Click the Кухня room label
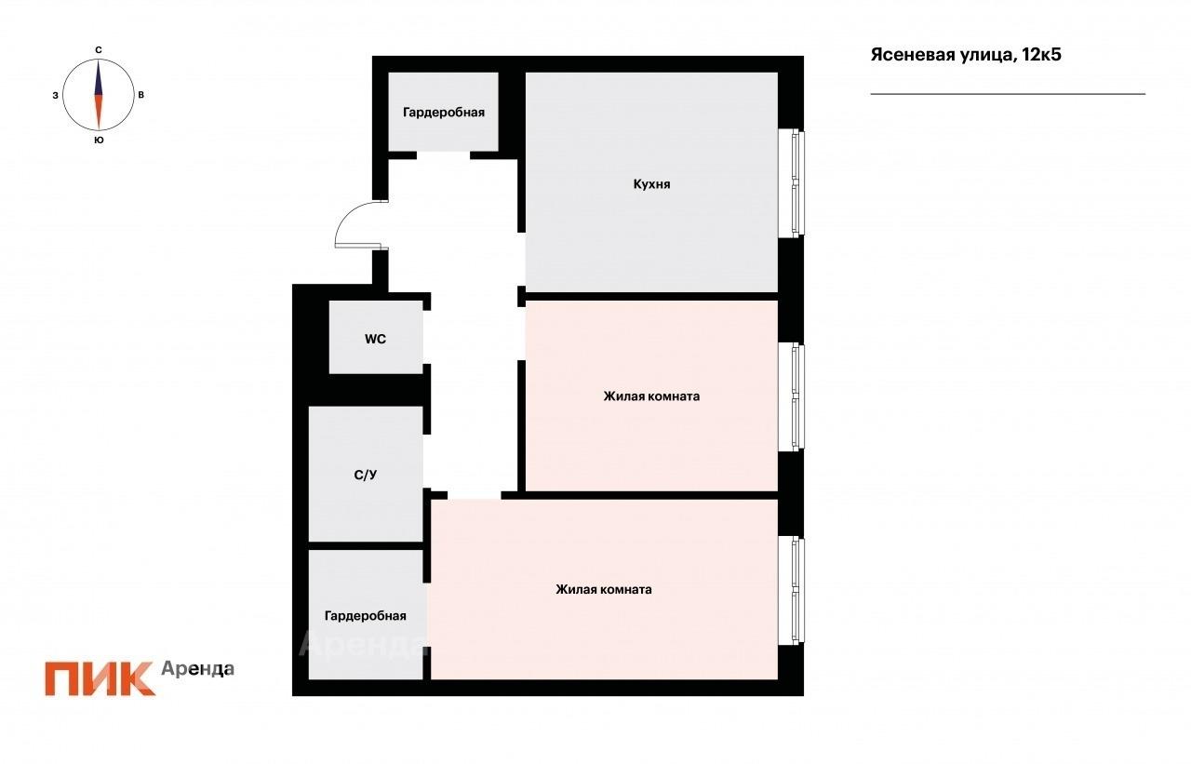pyautogui.click(x=651, y=184)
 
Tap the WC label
pyautogui.click(x=375, y=340)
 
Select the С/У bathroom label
pyautogui.click(x=366, y=475)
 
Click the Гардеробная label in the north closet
pyautogui.click(x=444, y=113)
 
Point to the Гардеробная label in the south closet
pyautogui.click(x=366, y=616)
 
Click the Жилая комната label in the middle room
pyautogui.click(x=651, y=396)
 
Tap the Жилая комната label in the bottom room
pyautogui.click(x=604, y=589)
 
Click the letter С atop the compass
pyautogui.click(x=99, y=50)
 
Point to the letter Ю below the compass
pyautogui.click(x=99, y=141)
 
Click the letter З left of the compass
pyautogui.click(x=55, y=96)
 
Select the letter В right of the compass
pyautogui.click(x=141, y=95)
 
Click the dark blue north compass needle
pyautogui.click(x=99, y=79)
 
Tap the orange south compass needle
pyautogui.click(x=99, y=113)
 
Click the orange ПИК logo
pyautogui.click(x=100, y=678)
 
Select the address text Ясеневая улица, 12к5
pyautogui.click(x=966, y=55)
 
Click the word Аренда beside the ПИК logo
pyautogui.click(x=198, y=669)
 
